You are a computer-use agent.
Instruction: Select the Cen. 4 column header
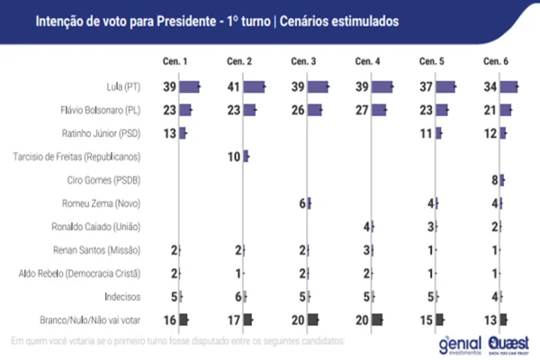pos(368,61)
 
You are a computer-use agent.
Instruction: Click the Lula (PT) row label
pos(129,87)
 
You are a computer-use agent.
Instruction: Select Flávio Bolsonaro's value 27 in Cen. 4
pos(362,111)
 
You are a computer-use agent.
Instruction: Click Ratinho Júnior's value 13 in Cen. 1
pos(168,133)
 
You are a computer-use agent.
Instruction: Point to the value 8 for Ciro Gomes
pos(493,180)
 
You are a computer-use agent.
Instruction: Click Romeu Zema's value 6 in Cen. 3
pos(301,203)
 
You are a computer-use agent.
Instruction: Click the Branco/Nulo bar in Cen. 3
pos(313,319)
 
